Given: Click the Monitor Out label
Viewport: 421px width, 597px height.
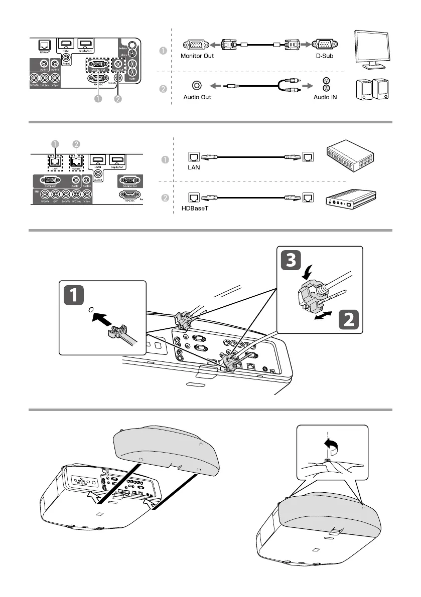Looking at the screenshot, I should [x=197, y=56].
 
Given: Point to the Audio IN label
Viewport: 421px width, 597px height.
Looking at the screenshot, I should [x=325, y=97].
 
